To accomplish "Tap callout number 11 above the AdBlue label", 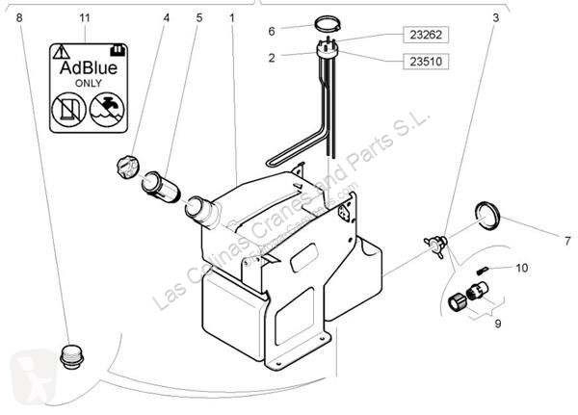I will click(85, 18).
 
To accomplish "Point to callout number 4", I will click(166, 17).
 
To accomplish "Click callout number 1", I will click(232, 17).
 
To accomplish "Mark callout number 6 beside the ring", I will click(272, 31).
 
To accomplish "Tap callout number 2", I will click(272, 58).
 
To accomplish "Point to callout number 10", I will click(521, 268).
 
